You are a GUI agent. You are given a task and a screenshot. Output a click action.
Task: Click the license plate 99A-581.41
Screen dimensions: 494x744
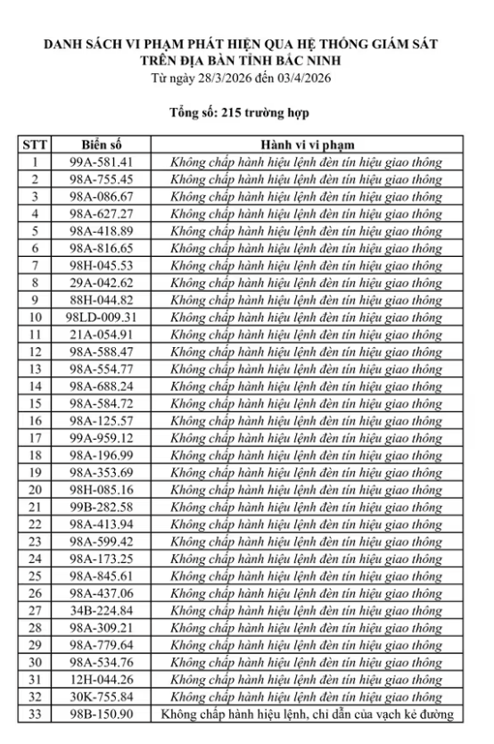click(x=100, y=162)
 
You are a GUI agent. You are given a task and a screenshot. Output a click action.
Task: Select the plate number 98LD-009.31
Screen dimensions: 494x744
click(x=100, y=317)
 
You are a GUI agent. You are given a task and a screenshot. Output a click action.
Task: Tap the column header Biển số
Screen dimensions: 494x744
click(x=100, y=145)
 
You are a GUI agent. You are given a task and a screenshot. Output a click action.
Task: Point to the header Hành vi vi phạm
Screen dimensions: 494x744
click(x=307, y=145)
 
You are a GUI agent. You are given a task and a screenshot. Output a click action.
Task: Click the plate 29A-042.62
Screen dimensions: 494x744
click(x=100, y=282)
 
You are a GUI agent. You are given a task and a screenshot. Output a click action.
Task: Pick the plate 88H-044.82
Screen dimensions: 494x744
click(x=100, y=300)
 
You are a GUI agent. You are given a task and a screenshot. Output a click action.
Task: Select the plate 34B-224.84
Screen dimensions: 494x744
click(x=100, y=610)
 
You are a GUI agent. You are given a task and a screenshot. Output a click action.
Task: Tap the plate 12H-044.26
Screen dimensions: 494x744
click(x=100, y=679)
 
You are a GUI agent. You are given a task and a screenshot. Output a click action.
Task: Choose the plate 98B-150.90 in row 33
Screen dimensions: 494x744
click(x=100, y=714)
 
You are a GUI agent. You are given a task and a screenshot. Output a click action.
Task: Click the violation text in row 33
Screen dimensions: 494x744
click(x=307, y=714)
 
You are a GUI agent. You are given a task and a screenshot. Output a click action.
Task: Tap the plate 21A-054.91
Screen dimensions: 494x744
click(x=100, y=335)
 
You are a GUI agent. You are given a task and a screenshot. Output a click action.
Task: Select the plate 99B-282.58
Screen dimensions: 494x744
click(x=100, y=507)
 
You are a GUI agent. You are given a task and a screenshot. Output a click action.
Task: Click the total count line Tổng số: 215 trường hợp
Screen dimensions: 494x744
click(x=246, y=114)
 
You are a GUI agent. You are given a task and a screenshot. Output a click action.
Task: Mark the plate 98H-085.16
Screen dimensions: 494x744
click(x=100, y=489)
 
